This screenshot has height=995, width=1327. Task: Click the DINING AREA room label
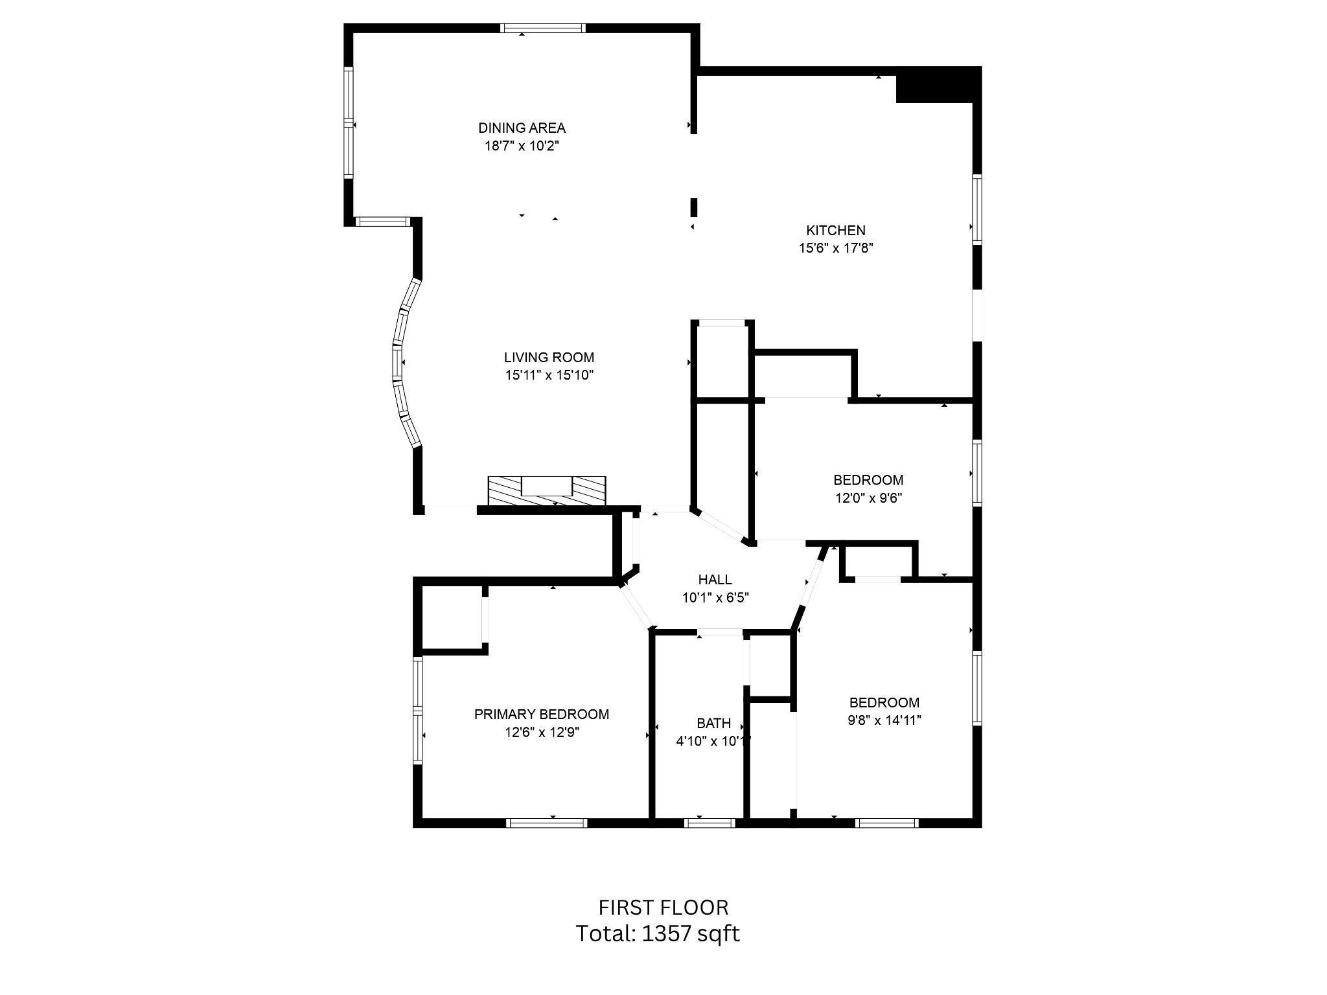click(522, 128)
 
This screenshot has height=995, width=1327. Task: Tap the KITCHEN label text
click(835, 230)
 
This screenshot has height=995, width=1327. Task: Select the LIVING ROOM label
click(549, 357)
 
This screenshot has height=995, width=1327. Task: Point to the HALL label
click(715, 579)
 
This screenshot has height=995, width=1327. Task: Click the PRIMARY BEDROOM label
click(541, 714)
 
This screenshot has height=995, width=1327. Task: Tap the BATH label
click(713, 723)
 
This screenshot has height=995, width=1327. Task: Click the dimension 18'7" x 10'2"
click(522, 146)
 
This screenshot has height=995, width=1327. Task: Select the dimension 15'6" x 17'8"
click(836, 247)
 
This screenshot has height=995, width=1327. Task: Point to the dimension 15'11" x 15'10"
click(549, 375)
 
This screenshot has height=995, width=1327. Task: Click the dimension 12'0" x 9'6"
click(868, 498)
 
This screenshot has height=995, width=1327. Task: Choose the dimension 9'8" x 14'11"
click(884, 720)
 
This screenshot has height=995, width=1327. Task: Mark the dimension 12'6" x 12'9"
click(542, 732)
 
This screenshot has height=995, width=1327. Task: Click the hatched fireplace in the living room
click(546, 492)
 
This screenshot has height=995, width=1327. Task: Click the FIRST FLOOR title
click(663, 907)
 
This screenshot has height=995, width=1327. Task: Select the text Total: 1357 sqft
click(658, 933)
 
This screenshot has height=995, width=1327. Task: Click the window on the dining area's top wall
click(543, 29)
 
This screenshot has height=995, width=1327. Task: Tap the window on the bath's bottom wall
click(710, 823)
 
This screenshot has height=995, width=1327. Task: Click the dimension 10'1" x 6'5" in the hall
click(715, 597)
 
